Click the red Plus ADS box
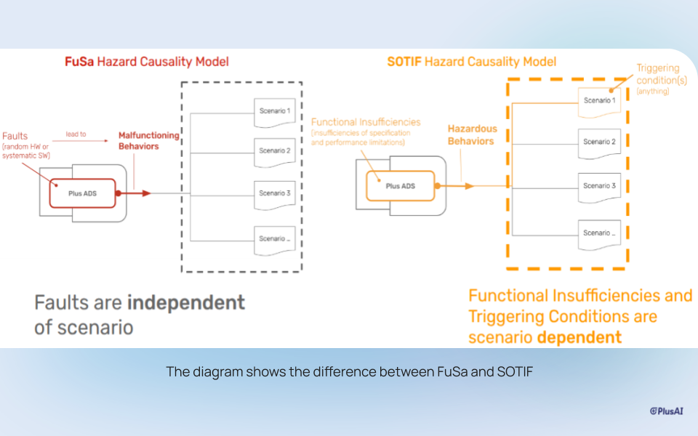click(x=83, y=193)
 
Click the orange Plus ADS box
click(x=399, y=186)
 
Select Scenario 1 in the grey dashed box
click(x=275, y=112)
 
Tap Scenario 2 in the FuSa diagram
click(x=275, y=152)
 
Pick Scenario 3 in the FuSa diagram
click(x=275, y=194)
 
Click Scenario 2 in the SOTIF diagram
click(x=598, y=142)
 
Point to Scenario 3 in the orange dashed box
click(x=598, y=187)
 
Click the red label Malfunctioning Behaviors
click(x=149, y=141)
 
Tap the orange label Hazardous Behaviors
click(x=472, y=135)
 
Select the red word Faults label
click(x=15, y=136)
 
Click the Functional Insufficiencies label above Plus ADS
click(x=366, y=122)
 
